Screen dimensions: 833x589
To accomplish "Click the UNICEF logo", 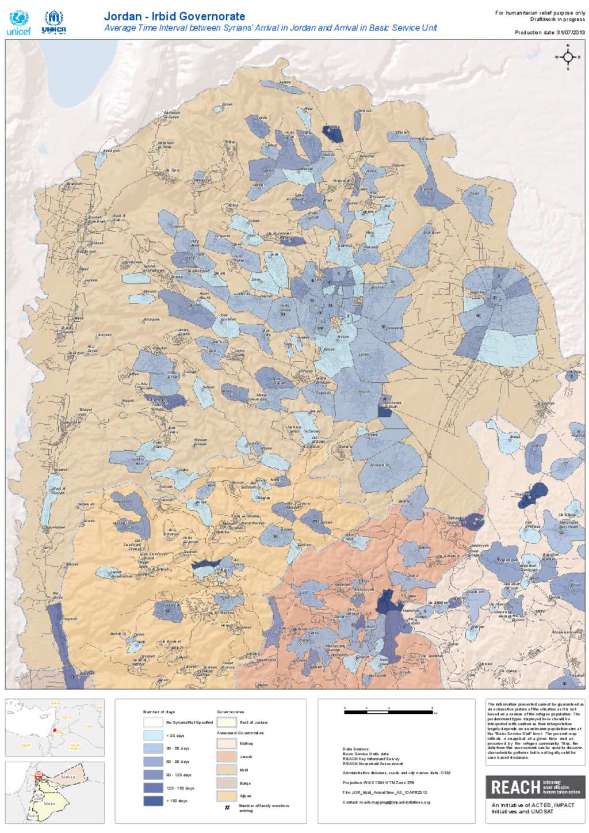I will coord(19,23).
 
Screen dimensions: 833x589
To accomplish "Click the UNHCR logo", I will coord(53,23).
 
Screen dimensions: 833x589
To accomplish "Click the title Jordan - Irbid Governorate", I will coord(174,16).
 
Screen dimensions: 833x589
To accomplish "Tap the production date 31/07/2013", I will coord(549,33).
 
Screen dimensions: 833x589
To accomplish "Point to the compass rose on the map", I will coord(568,57).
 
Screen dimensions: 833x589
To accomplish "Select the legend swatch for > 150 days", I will coord(153,801).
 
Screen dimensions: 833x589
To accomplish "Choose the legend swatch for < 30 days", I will coord(153,735).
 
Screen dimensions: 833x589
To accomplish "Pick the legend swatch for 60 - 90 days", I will coord(153,762).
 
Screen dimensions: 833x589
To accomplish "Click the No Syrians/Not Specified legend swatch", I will coord(153,722).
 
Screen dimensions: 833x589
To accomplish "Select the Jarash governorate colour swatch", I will coord(227,756).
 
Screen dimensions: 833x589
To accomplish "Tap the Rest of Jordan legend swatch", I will coord(227,722).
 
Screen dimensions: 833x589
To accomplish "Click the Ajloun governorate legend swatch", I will coord(227,796).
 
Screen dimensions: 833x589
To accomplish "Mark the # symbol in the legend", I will coord(227,808).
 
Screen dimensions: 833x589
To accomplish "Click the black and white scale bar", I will coord(388,712).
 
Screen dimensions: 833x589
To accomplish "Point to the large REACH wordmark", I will coord(515,787).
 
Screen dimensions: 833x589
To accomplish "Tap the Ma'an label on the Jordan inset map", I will coord(49,804).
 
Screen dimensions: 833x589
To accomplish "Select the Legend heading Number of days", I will coord(159,712).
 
